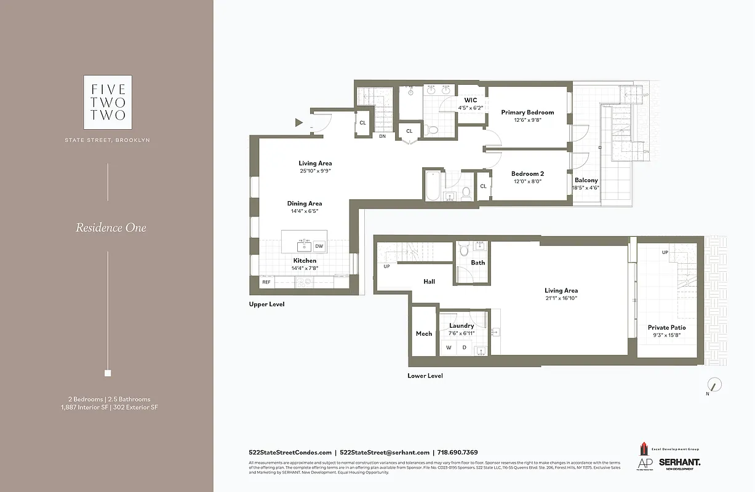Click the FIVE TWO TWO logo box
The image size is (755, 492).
pos(108,102)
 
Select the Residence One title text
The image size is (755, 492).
pos(111,228)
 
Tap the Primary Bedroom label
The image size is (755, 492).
pos(527,113)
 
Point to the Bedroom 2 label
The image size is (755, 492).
pos(527,174)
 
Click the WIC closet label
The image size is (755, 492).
pos(471,100)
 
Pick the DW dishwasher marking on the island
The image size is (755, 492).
pos(319,247)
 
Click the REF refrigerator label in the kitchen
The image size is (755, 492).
pos(266,282)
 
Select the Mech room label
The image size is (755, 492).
pos(424,334)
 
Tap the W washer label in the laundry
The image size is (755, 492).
pos(449,348)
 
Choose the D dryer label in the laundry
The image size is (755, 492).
pos(465,348)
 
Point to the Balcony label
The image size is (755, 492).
pos(586,180)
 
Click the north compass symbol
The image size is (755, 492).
pos(714,386)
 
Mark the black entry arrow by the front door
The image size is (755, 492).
pos(299,122)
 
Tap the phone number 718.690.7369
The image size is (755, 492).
pos(458,452)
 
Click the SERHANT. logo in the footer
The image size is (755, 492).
pos(679,462)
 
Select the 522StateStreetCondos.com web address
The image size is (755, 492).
pos(290,452)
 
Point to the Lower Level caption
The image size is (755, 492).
pos(425,376)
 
